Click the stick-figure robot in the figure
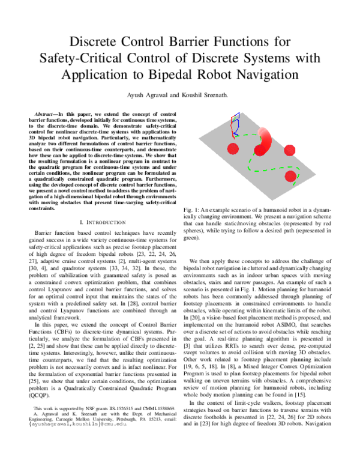[x=235, y=123]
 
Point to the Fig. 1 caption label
[x=191, y=207]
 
